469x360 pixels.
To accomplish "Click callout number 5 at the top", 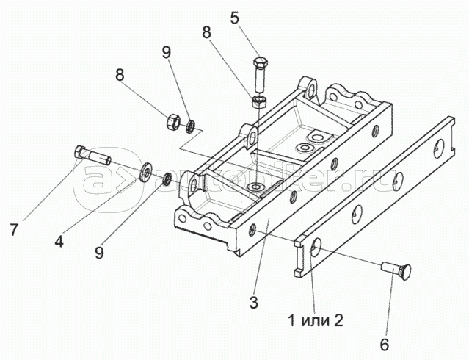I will click(234, 17).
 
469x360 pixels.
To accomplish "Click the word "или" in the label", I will click(314, 320).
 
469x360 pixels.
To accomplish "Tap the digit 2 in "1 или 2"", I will click(338, 320).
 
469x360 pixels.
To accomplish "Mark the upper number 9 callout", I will click(166, 54).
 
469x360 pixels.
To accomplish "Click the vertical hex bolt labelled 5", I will click(260, 72).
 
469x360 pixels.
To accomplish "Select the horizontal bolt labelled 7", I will click(92, 156).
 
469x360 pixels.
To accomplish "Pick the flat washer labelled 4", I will click(148, 172).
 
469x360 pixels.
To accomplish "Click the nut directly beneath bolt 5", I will click(258, 100).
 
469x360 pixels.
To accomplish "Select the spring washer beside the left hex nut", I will click(190, 126).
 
